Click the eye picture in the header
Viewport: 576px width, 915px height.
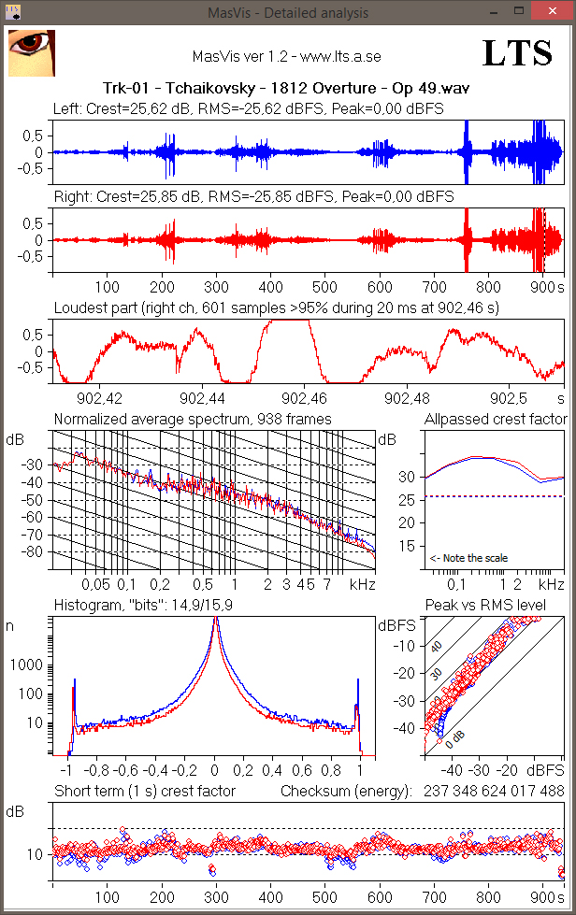click(x=31, y=52)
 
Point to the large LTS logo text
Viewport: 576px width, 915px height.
click(x=517, y=54)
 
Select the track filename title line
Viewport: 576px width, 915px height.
click(x=287, y=89)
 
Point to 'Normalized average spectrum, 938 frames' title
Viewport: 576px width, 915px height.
click(x=192, y=419)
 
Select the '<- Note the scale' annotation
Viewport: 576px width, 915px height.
click(x=468, y=558)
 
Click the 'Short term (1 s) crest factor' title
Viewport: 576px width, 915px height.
click(x=144, y=792)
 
